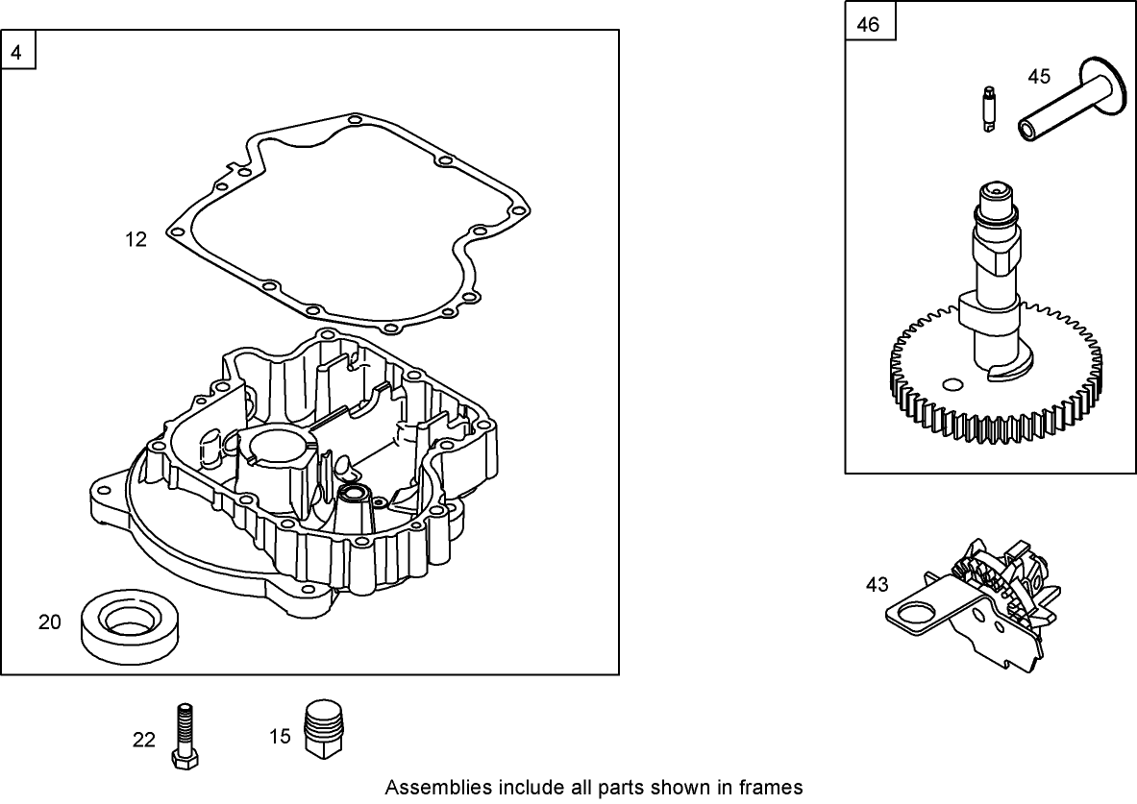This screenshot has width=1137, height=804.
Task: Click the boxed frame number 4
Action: pyautogui.click(x=16, y=52)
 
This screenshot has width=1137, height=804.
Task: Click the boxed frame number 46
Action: pyautogui.click(x=867, y=24)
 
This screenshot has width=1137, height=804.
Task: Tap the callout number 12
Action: pyautogui.click(x=136, y=240)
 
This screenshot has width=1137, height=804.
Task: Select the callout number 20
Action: pyautogui.click(x=50, y=622)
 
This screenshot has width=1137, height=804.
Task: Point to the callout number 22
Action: pyautogui.click(x=143, y=740)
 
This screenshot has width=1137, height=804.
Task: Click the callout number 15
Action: pyautogui.click(x=280, y=737)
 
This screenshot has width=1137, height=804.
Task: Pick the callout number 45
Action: pyautogui.click(x=1039, y=75)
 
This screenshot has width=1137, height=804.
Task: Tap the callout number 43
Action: pyautogui.click(x=877, y=584)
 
